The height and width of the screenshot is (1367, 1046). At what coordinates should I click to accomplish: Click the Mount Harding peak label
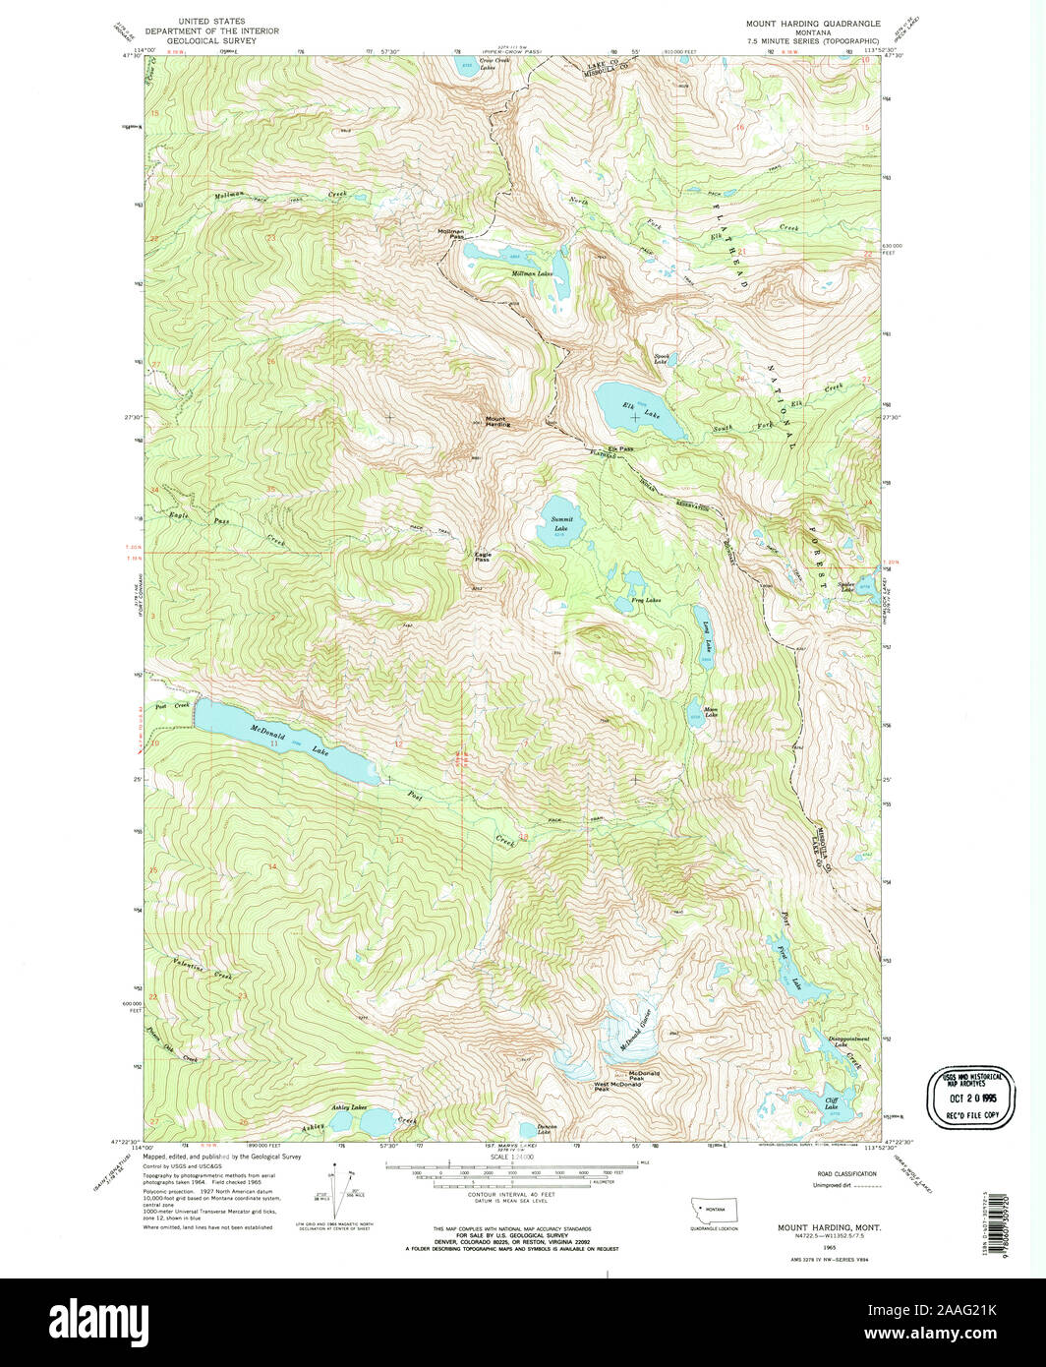point(497,422)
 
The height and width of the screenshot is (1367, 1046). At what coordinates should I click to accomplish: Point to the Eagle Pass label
point(483,556)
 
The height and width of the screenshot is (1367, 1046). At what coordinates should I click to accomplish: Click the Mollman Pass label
point(450,235)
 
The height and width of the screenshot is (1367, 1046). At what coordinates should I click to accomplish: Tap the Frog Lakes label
point(646,599)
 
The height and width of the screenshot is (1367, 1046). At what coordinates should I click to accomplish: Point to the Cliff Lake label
point(832,1104)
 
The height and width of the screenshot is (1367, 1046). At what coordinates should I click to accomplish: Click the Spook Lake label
point(661,359)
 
